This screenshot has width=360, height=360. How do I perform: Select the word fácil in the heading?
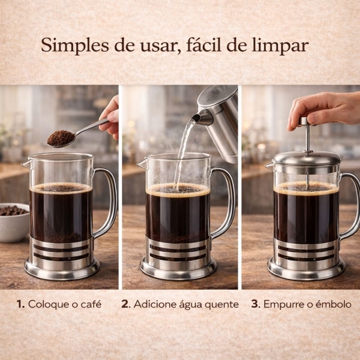218,46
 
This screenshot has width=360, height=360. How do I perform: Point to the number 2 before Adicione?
125,304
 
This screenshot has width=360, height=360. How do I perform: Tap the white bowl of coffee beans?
13,222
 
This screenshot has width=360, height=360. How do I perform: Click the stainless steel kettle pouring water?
222,120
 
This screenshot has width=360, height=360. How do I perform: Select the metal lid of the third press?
307,159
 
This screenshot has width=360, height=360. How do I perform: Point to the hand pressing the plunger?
324,108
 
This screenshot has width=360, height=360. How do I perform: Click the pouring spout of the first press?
25,163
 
